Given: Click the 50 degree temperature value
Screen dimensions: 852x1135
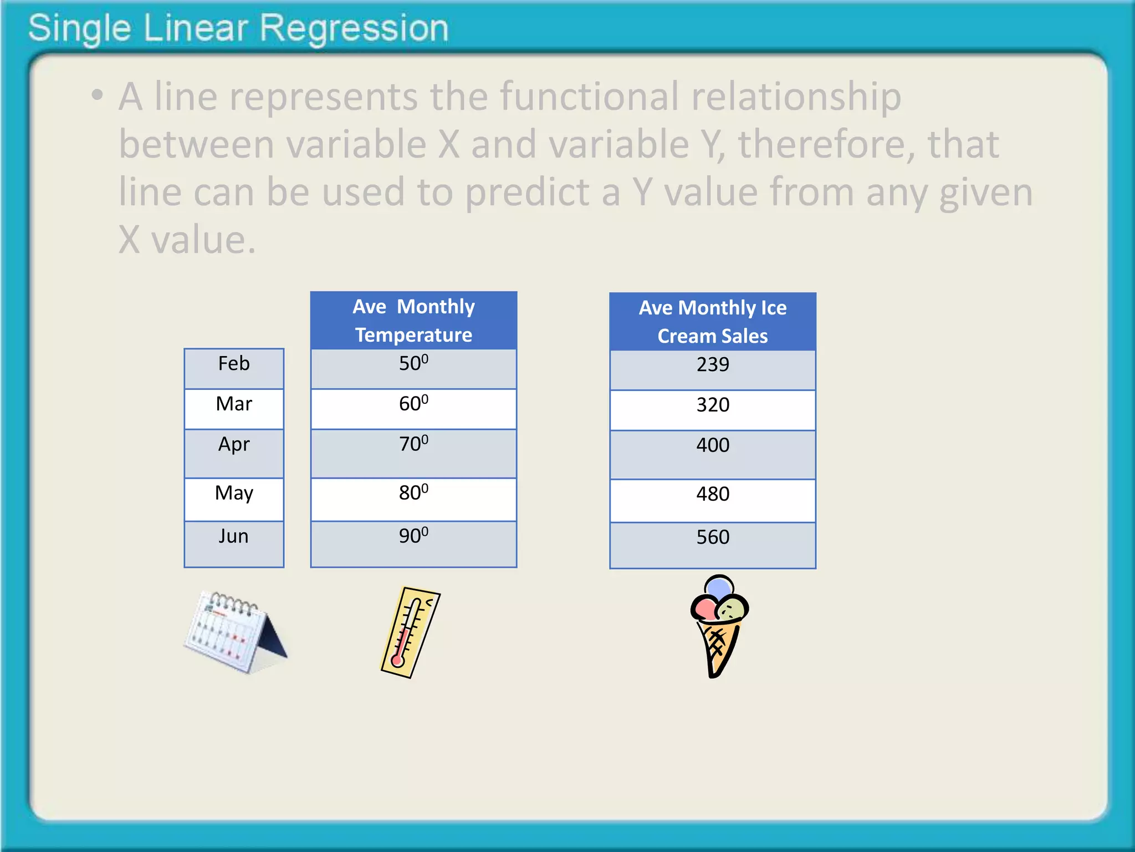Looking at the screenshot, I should tap(413, 363).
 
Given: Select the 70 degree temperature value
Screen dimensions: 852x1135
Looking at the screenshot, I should tap(413, 444).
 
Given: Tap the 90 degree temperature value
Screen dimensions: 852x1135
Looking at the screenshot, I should tap(413, 536).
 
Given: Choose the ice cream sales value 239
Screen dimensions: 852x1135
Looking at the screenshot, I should tap(713, 365).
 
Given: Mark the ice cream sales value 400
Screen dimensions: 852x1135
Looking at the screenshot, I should tap(713, 445).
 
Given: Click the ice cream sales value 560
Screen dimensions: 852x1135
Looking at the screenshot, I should tap(713, 537).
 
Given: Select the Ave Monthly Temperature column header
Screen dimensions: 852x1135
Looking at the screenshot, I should tap(413, 321).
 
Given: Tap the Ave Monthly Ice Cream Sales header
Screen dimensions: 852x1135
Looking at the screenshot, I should tap(713, 322).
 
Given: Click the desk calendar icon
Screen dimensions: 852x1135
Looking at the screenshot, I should tap(235, 632).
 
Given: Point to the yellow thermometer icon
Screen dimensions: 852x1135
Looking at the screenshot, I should tap(410, 632).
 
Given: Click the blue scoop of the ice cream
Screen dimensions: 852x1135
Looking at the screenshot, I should tap(719, 587).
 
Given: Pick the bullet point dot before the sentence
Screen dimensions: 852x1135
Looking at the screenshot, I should tap(98, 95).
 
